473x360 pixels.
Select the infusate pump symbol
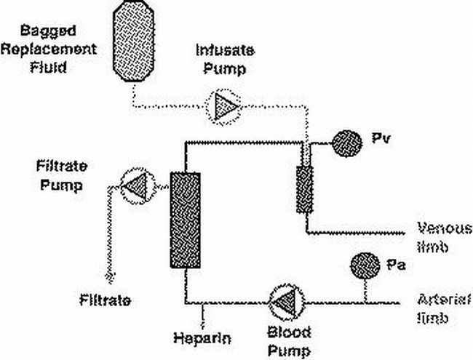point(222,106)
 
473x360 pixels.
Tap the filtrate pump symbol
point(135,187)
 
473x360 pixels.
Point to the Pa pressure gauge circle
point(365,267)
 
